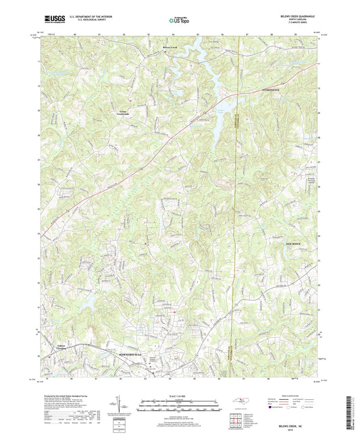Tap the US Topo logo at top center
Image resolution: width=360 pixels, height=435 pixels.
click(179, 21)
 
